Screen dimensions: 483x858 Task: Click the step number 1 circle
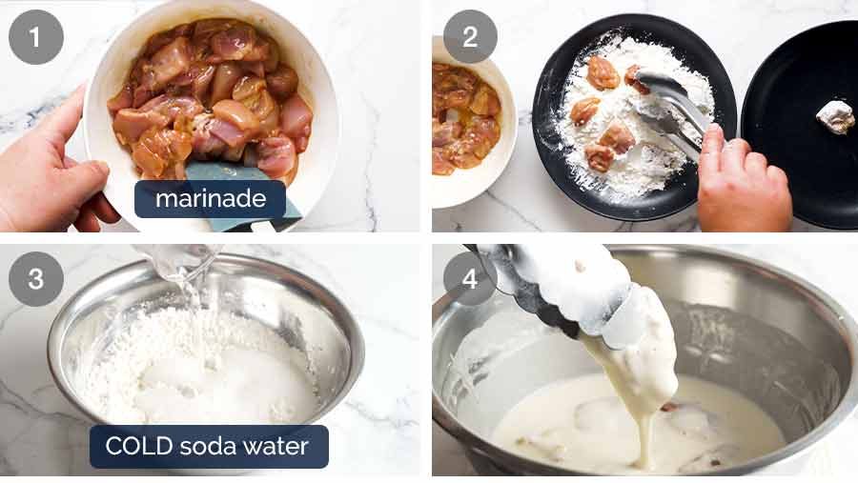coord(36,37)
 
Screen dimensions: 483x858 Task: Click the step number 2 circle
coord(470,37)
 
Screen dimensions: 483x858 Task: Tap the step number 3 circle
coord(36,279)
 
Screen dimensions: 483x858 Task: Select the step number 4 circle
coord(470,279)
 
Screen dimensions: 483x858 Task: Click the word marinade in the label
coord(209,199)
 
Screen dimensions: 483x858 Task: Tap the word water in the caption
coord(283,446)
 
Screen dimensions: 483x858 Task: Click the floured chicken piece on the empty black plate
coord(835,116)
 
